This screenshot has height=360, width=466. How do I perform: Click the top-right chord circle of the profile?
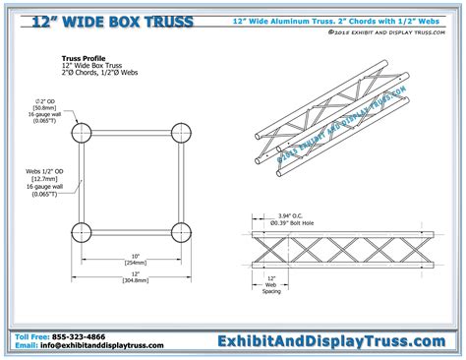click(x=180, y=133)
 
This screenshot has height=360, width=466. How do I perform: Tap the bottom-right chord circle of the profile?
click(x=180, y=233)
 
